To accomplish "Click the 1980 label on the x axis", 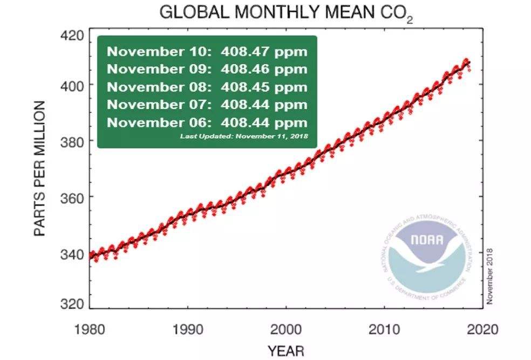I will pos(89,328).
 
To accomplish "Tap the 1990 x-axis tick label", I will pos(187,328).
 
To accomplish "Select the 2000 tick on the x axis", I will pos(285,328).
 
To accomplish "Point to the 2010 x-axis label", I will pos(384,328).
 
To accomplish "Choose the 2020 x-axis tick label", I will pos(482,328).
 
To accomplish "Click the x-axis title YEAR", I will pos(285,351).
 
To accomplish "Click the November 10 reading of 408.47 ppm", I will pos(207,52).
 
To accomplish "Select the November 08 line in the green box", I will pos(207,87).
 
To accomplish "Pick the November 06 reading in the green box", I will pos(207,122).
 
